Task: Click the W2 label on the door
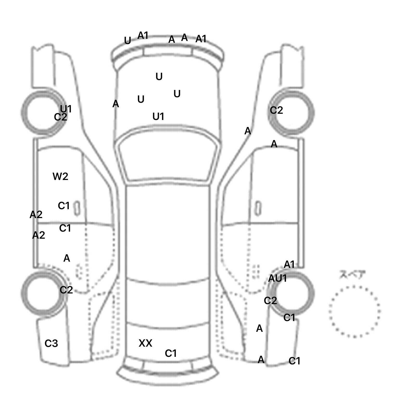coord(60,177)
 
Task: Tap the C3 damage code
coord(51,344)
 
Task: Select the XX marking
coord(145,343)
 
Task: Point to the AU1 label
coord(277,279)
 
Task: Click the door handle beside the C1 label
coord(77,208)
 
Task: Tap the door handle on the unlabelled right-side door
coord(258,208)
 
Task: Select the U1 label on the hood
coord(158,117)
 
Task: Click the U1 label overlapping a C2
coord(66,109)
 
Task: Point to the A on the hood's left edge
coord(116,104)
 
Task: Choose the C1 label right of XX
coord(171,353)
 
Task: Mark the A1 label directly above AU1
coord(289,264)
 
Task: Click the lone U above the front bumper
coord(127,41)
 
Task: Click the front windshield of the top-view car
coord(168,159)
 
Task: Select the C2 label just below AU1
coord(270,301)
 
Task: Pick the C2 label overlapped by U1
coord(60,117)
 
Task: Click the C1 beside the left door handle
coord(64,206)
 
